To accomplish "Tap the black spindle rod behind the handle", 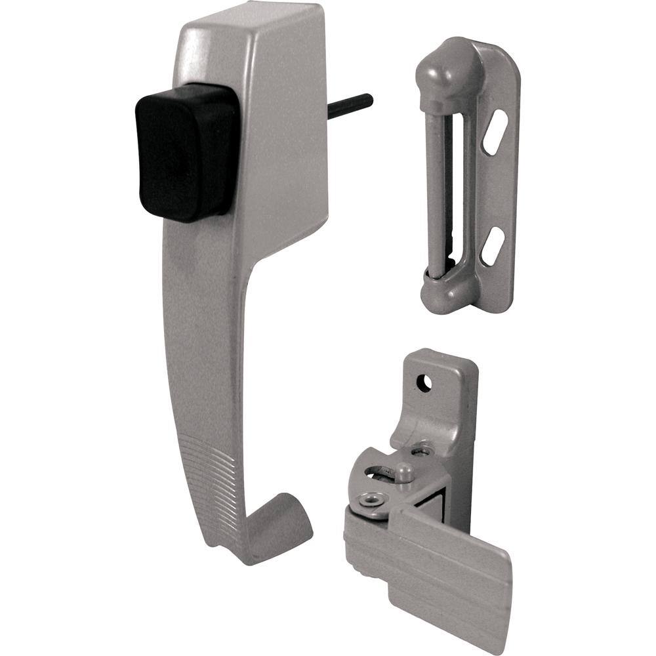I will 351,107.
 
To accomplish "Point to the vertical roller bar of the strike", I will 435,184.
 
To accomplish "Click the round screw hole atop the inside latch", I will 424,382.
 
